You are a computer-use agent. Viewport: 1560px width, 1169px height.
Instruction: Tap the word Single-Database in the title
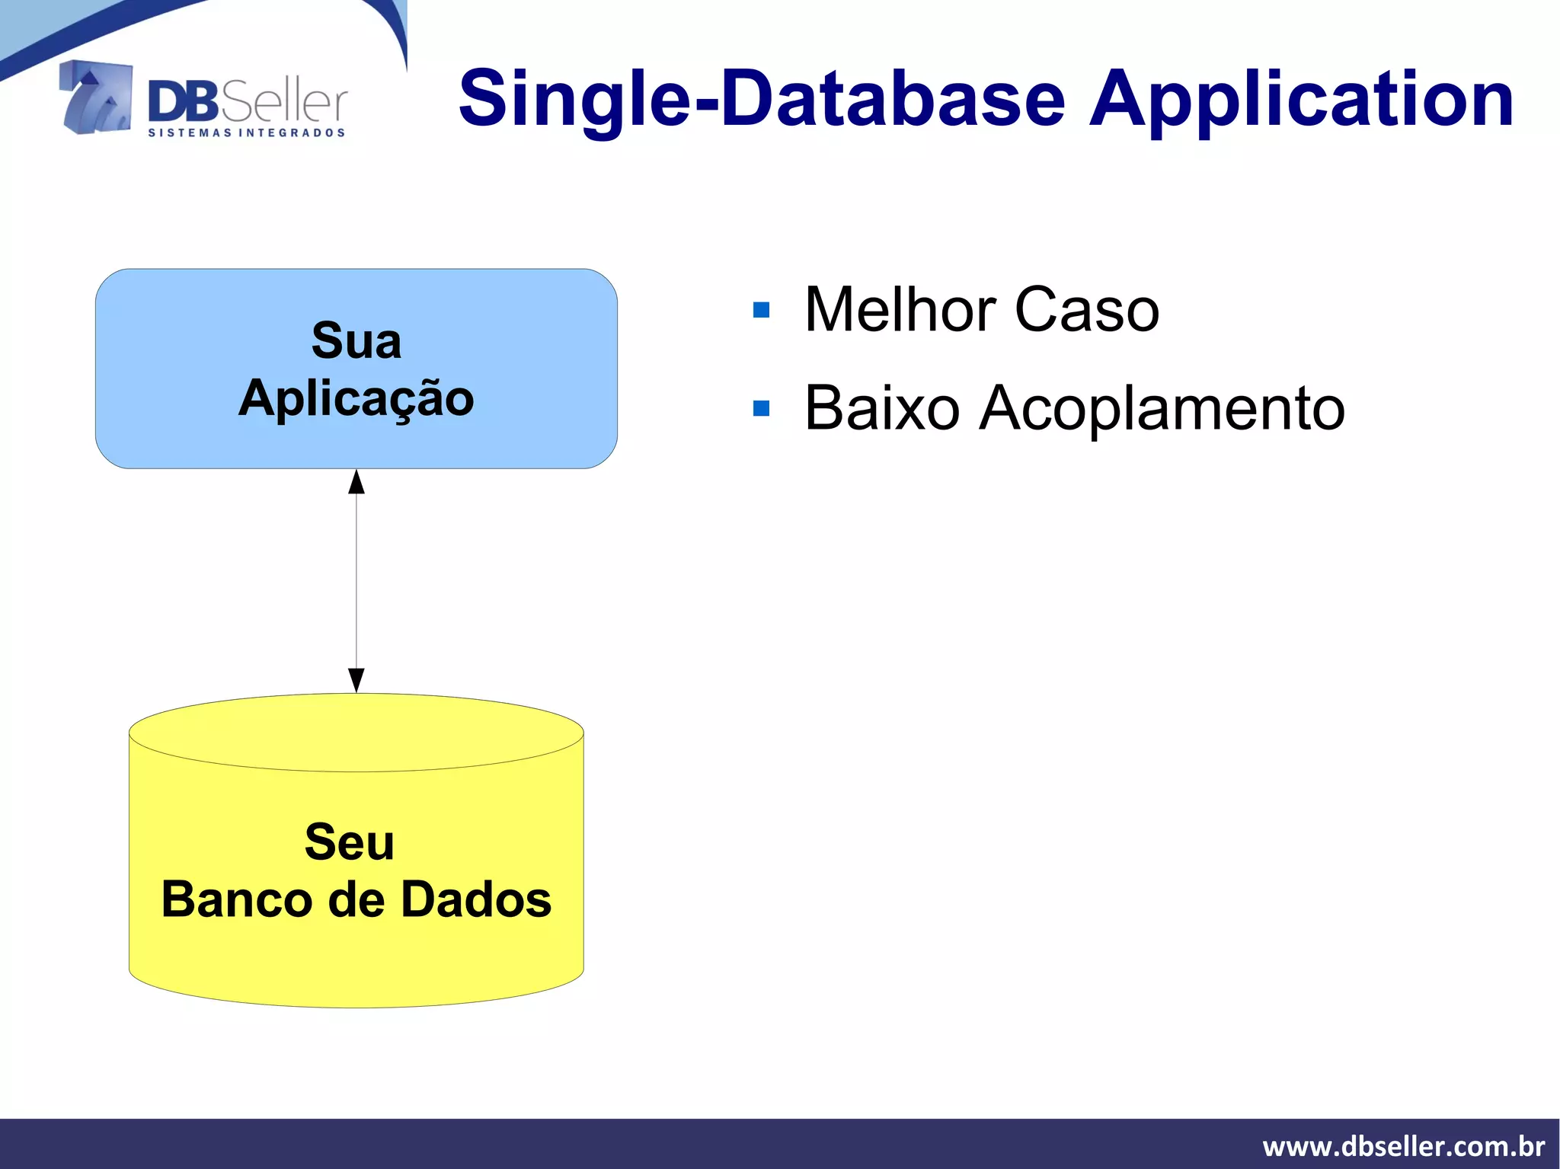tap(761, 99)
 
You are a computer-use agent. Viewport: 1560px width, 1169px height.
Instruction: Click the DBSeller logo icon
tap(96, 97)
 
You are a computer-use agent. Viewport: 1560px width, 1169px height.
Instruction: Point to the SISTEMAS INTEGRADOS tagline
tap(247, 133)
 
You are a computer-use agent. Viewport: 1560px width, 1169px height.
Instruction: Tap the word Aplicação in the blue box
tap(356, 398)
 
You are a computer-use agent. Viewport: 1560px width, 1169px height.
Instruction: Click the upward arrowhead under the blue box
tap(356, 482)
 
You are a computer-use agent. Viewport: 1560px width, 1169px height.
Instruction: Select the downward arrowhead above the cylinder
tap(356, 679)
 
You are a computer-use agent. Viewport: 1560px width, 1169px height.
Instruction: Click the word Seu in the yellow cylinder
tap(350, 842)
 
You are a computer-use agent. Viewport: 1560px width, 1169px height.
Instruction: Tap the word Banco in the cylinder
tap(235, 899)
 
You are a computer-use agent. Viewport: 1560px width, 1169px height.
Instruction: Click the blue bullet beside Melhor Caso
tap(761, 310)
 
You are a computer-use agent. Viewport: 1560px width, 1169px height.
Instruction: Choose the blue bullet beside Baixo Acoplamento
tap(761, 409)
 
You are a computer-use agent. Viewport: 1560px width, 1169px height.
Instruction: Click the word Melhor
tap(900, 309)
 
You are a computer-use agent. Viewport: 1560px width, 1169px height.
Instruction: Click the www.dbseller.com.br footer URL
tap(1403, 1146)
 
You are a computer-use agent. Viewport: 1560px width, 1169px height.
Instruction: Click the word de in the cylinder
tap(356, 899)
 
